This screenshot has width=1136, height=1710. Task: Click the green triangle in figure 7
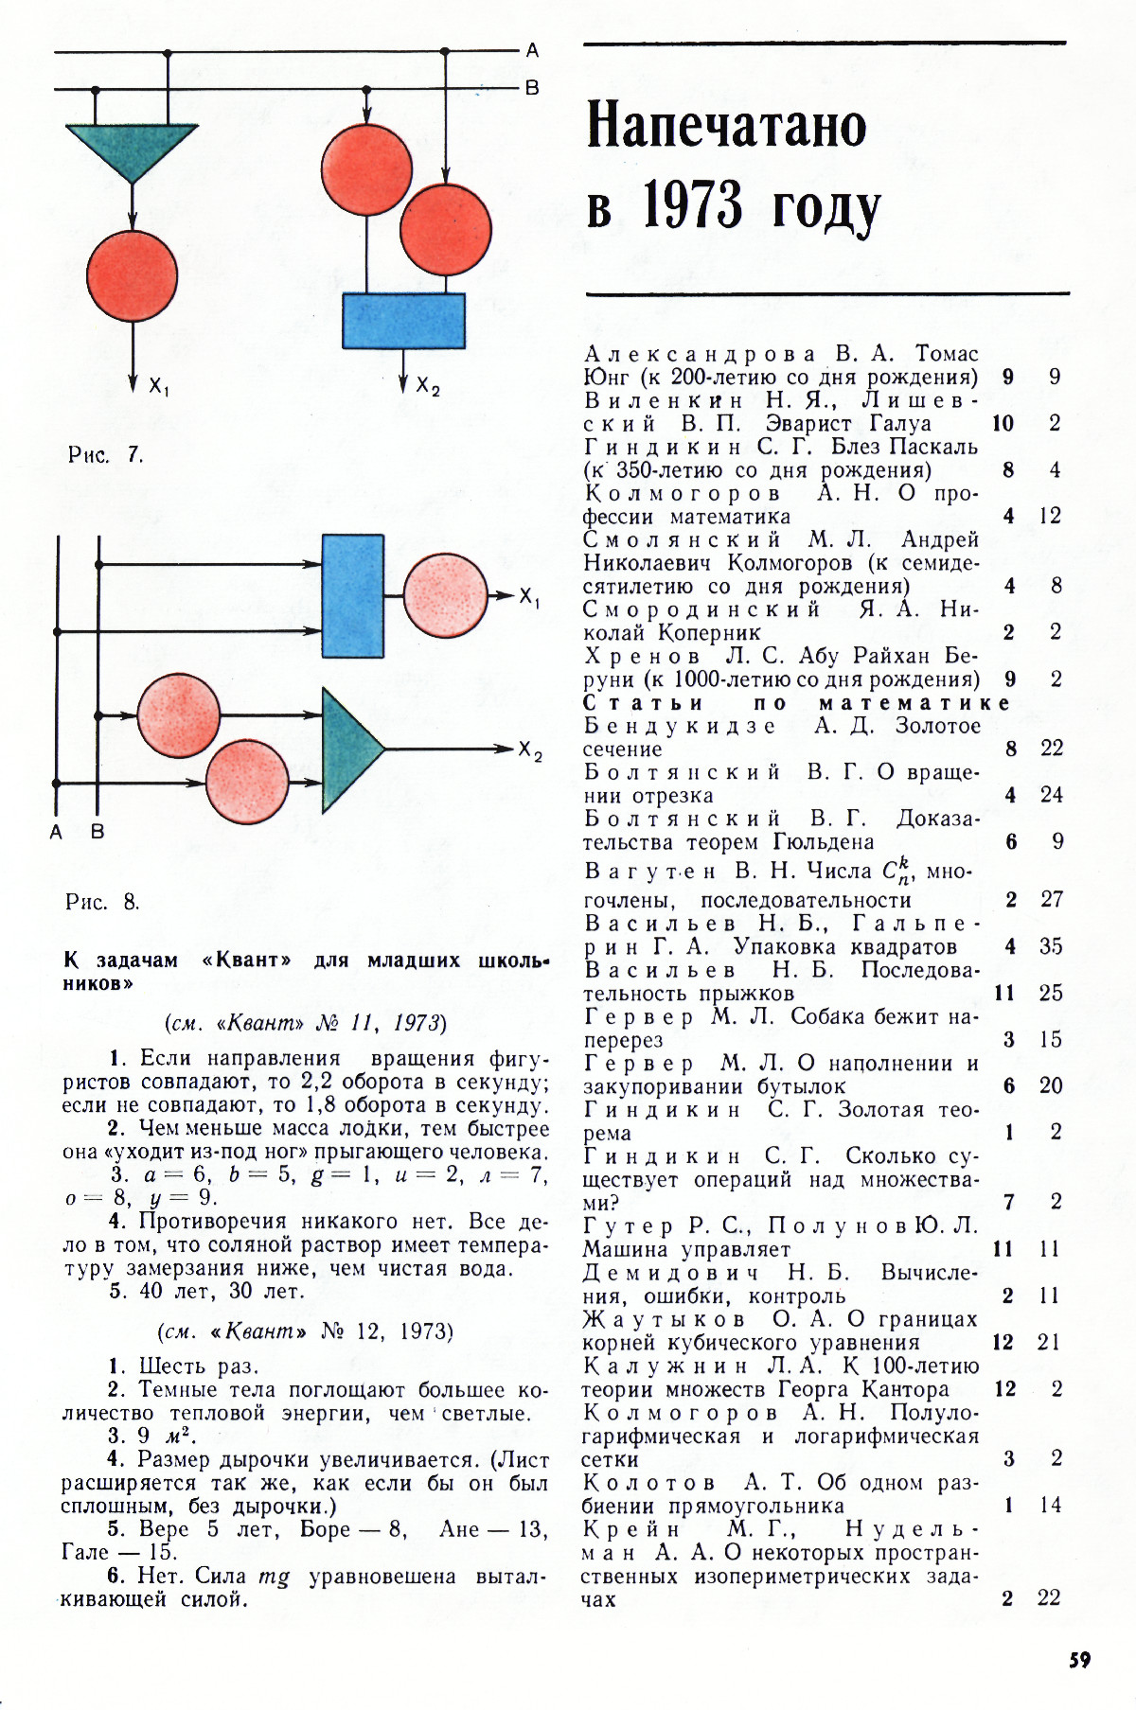pyautogui.click(x=132, y=147)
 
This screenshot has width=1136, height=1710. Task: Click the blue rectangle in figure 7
pyautogui.click(x=403, y=321)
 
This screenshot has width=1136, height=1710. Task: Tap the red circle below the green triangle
pyautogui.click(x=132, y=275)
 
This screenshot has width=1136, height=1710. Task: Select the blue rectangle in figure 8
pyautogui.click(x=352, y=595)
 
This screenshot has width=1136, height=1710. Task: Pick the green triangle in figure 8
pyautogui.click(x=347, y=748)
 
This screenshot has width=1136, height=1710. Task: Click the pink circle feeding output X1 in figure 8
pyautogui.click(x=445, y=595)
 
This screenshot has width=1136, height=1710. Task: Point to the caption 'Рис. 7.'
pyautogui.click(x=105, y=454)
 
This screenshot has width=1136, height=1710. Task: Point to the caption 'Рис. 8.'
pyautogui.click(x=102, y=901)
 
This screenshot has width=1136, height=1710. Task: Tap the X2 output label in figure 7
pyautogui.click(x=428, y=385)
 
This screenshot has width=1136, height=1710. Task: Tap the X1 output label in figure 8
pyautogui.click(x=529, y=597)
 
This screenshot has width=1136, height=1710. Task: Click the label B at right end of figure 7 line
pyautogui.click(x=532, y=88)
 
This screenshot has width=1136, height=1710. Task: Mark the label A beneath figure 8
pyautogui.click(x=56, y=833)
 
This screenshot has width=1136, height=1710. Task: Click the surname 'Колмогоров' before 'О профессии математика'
pyautogui.click(x=683, y=493)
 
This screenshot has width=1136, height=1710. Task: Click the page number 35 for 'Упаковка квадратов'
pyautogui.click(x=1051, y=946)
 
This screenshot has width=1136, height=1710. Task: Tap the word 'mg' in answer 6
pyautogui.click(x=274, y=1577)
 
